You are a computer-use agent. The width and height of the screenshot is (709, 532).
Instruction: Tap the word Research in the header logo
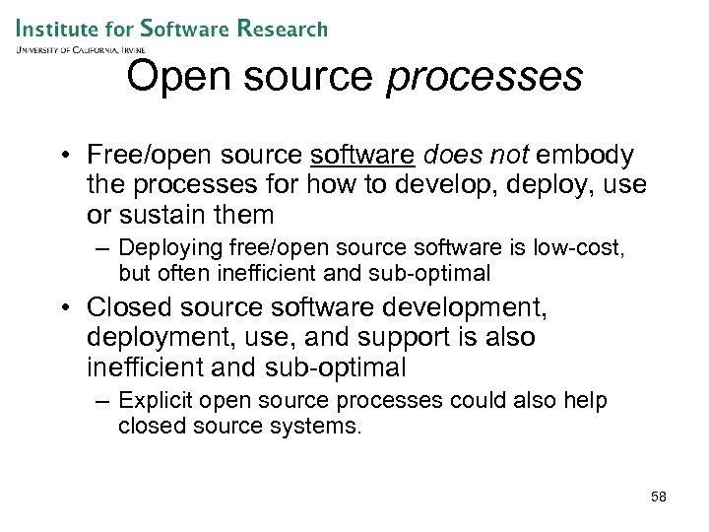pyautogui.click(x=281, y=29)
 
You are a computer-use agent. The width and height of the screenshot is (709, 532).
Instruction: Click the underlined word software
pyautogui.click(x=362, y=156)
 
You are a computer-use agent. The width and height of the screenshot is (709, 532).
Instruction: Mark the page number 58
pyautogui.click(x=658, y=497)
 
